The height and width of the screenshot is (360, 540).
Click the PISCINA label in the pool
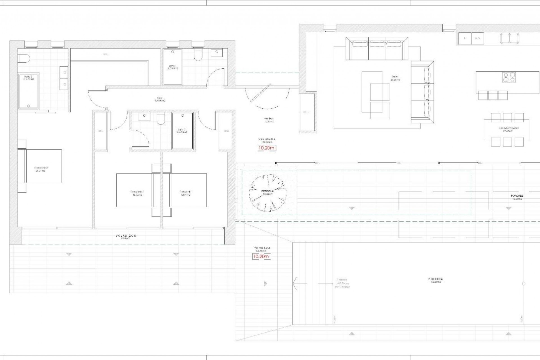click(436, 279)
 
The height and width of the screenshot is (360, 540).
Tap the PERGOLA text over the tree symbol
click(267, 191)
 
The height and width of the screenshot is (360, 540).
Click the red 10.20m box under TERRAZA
click(261, 256)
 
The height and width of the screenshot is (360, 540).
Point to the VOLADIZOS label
click(126, 236)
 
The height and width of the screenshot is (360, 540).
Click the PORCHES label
click(517, 196)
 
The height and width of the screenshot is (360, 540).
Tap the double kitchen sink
click(509, 39)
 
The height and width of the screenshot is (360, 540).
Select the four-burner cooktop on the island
click(509, 77)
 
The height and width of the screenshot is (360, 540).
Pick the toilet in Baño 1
click(198, 55)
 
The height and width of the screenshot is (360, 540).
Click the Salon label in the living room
click(395, 77)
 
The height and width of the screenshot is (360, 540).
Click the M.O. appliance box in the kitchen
click(477, 38)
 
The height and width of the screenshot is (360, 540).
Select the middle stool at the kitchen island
click(493, 95)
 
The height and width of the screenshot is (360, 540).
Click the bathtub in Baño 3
click(28, 91)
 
